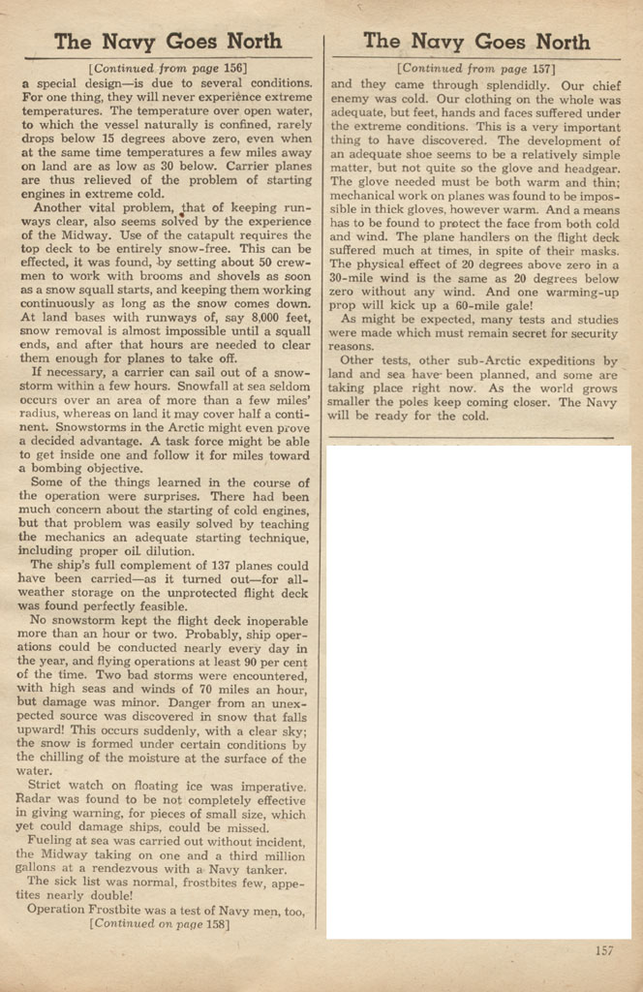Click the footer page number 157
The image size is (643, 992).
(603, 950)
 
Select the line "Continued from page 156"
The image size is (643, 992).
(168, 69)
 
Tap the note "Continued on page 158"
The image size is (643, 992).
(160, 923)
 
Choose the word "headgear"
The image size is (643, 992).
(589, 167)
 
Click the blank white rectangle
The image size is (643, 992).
(478, 692)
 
